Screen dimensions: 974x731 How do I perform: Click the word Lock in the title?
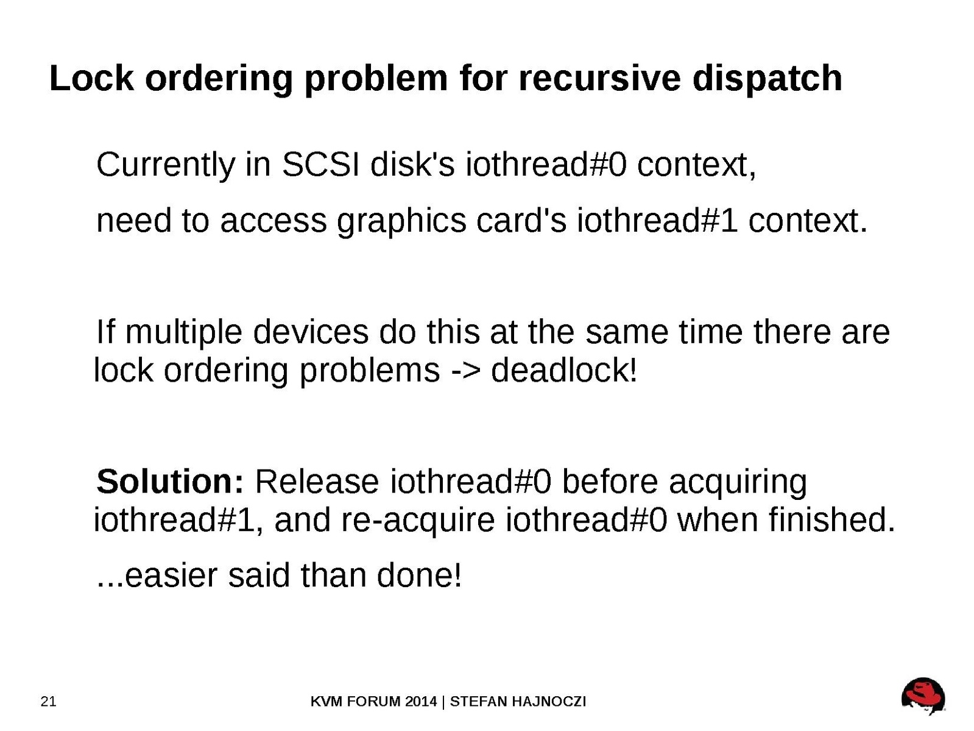pyautogui.click(x=91, y=79)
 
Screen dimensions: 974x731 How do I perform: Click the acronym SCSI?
pyautogui.click(x=320, y=165)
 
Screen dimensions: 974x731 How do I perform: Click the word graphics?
pyautogui.click(x=401, y=223)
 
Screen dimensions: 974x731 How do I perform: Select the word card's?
pyautogui.click(x=521, y=220)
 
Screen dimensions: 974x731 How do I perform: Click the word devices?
pyautogui.click(x=311, y=332)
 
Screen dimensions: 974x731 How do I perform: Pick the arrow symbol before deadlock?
pyautogui.click(x=465, y=371)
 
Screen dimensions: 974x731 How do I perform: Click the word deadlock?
pyautogui.click(x=564, y=369)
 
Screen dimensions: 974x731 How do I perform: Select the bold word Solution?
pyautogui.click(x=171, y=482)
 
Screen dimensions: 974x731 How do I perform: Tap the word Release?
pyautogui.click(x=317, y=482)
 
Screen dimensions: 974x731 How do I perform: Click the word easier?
pyautogui.click(x=171, y=576)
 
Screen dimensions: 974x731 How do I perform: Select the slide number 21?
pyautogui.click(x=48, y=701)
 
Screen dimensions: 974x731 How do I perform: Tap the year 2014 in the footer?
pyautogui.click(x=421, y=701)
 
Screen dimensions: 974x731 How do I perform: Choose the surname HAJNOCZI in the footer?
pyautogui.click(x=549, y=701)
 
